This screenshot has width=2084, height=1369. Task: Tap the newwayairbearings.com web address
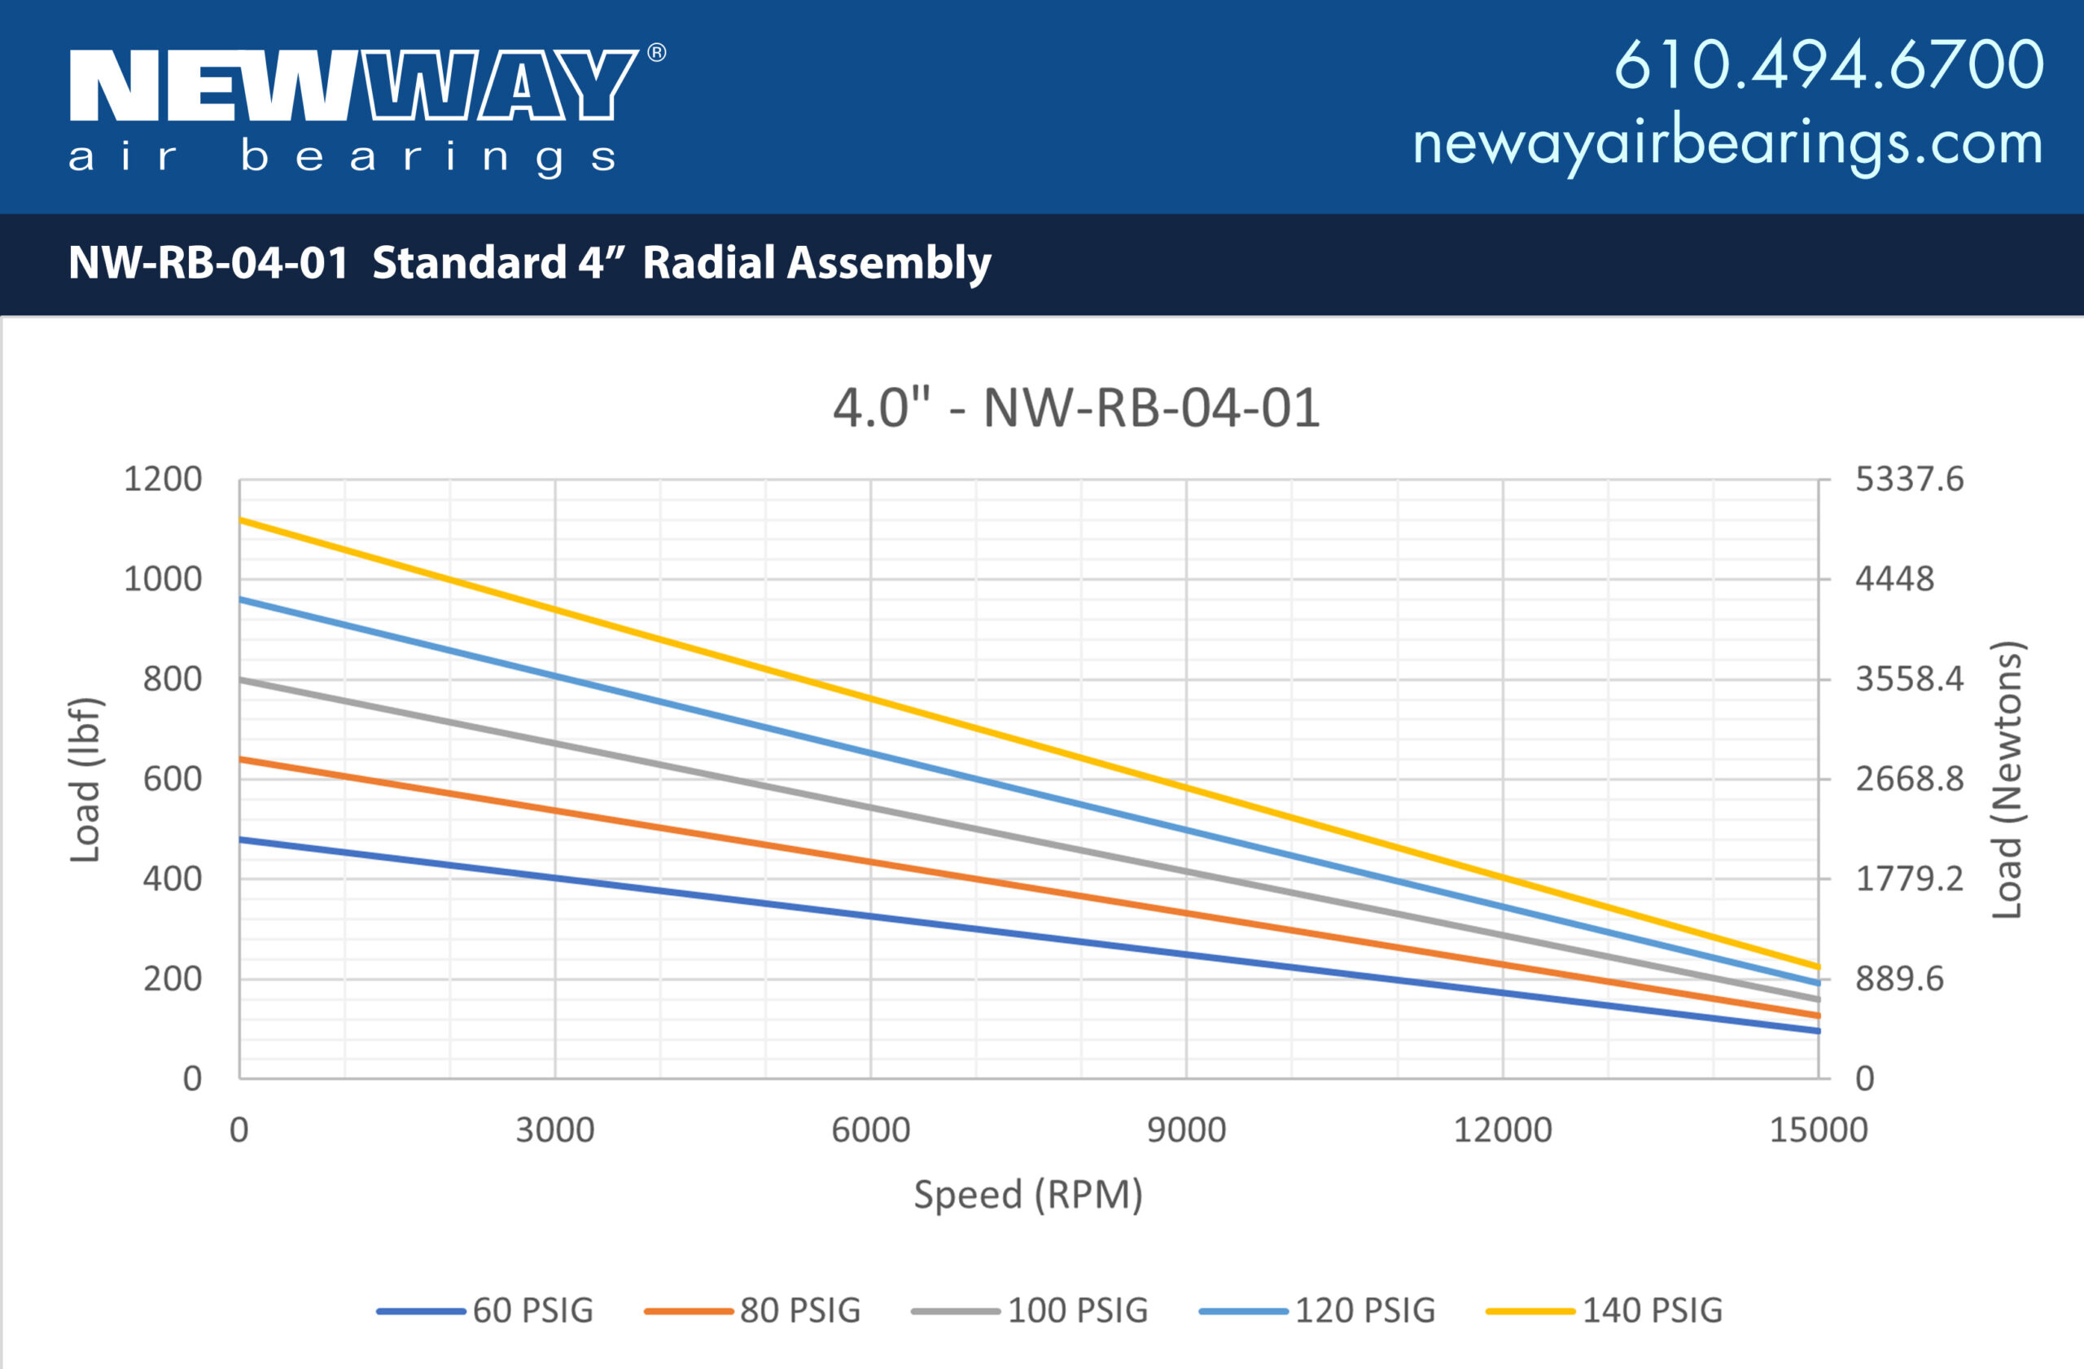point(1727,143)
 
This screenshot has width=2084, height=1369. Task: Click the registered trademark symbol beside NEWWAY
point(657,54)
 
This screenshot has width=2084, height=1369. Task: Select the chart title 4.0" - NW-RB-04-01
point(1075,408)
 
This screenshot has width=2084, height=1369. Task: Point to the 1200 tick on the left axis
point(163,480)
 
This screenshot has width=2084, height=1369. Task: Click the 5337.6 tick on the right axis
point(1909,480)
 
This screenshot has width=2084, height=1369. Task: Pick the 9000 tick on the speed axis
point(1186,1130)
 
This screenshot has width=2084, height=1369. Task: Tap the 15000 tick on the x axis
point(1818,1130)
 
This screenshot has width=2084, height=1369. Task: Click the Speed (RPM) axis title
point(1028,1195)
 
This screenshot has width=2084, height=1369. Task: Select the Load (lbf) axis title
point(85,779)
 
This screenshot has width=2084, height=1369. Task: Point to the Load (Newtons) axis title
point(2007,779)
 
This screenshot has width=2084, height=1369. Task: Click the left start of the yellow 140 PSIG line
point(243,520)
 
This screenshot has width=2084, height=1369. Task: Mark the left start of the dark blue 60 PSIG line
point(243,840)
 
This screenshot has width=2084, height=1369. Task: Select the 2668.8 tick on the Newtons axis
point(1909,779)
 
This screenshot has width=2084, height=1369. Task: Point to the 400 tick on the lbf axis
point(173,879)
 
